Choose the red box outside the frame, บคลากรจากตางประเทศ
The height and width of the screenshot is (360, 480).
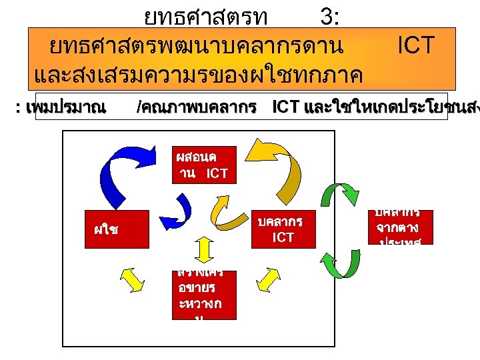pos(402,227)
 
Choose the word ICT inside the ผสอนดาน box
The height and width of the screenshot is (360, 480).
pos(217,174)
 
